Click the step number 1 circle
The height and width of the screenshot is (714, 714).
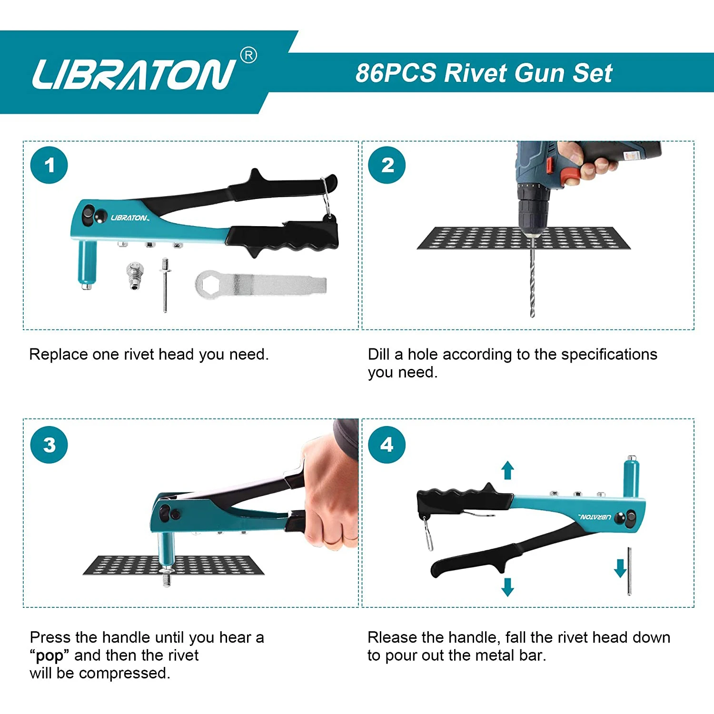coord(49,165)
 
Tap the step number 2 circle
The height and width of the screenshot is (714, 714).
coord(387,165)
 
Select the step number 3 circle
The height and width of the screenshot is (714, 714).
coord(49,445)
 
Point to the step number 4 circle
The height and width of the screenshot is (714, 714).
coord(387,445)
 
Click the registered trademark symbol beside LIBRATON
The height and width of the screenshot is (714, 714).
coord(248,56)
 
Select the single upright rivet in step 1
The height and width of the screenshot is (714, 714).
coord(165,284)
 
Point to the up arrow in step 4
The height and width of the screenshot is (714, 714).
coord(508,470)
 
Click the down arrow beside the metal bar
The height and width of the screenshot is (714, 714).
coord(620,568)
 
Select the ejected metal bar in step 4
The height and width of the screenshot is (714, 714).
coord(629,571)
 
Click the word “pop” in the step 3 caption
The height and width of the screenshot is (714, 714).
coord(49,655)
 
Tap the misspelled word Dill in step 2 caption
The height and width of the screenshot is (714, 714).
coord(378,354)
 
